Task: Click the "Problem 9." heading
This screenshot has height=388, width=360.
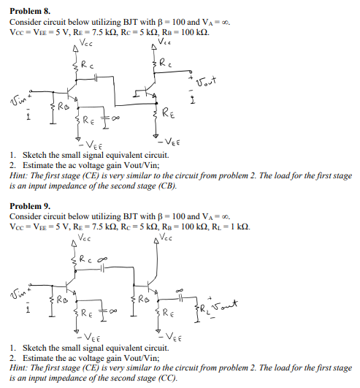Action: pos(30,207)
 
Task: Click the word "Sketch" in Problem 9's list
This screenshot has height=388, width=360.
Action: pos(36,347)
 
